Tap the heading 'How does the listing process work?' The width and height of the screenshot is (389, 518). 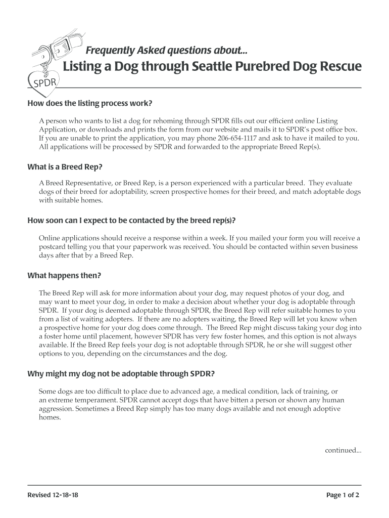(x=89, y=104)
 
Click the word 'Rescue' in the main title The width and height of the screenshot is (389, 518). (x=336, y=67)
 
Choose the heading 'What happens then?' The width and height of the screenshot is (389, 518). (x=64, y=276)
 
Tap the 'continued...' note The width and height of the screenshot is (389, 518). (x=343, y=450)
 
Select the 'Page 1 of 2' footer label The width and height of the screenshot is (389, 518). (x=343, y=495)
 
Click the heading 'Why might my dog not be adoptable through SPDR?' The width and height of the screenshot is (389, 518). (x=121, y=374)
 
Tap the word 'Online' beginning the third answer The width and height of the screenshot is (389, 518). (x=50, y=238)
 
